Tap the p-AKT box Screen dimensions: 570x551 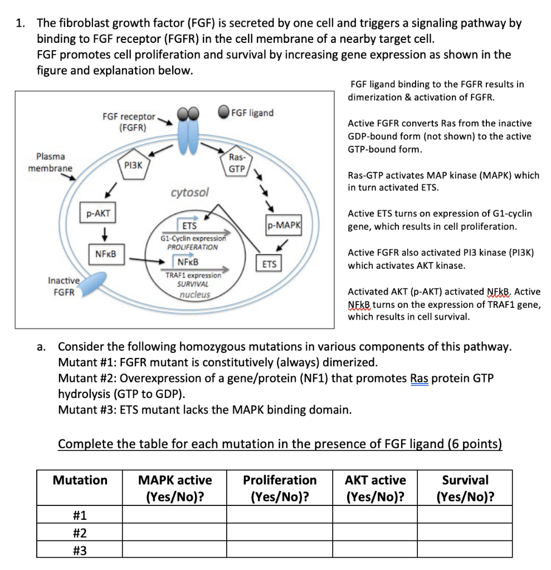98,213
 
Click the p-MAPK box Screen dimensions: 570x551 284,225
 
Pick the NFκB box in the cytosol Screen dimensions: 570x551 105,254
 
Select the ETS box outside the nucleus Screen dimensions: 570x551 269,264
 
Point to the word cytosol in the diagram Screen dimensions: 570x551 189,193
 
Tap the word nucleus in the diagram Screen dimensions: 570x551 194,294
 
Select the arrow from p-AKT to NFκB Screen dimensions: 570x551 104,233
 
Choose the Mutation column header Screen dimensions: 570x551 80,480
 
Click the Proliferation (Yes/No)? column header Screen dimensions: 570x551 280,488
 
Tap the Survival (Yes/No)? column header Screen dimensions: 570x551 465,488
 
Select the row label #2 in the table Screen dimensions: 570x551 80,533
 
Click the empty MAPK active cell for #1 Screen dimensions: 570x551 174,514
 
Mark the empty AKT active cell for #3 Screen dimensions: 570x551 375,550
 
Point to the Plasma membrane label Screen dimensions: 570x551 50,162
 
